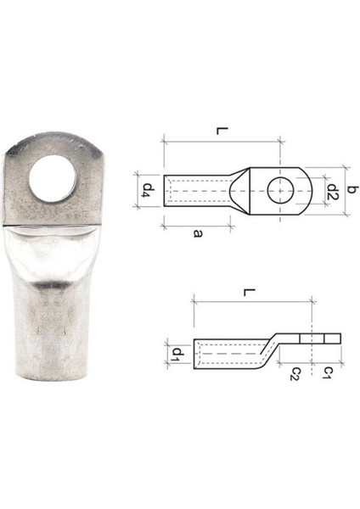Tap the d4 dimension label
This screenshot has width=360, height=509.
[x=148, y=187]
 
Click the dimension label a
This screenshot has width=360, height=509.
[x=197, y=235]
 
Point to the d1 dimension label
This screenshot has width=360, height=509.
[x=177, y=352]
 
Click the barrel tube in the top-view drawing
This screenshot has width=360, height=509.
[x=195, y=193]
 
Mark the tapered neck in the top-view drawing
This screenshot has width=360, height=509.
[x=242, y=193]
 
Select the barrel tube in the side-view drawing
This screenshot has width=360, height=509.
[x=225, y=353]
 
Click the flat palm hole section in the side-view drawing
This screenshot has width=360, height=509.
[x=318, y=338]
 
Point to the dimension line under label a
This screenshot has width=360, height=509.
[x=196, y=224]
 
